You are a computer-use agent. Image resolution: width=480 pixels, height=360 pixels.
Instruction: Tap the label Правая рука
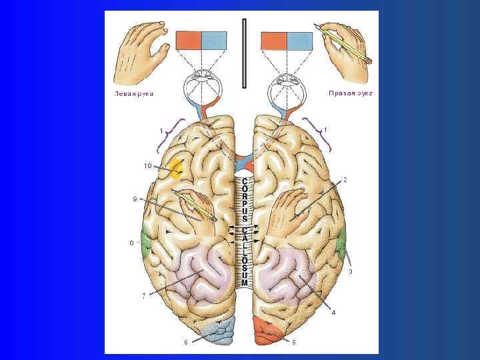tap(350, 93)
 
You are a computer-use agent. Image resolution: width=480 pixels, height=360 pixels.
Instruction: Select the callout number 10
tap(147, 166)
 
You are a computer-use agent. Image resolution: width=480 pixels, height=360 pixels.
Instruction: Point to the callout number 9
tap(135, 198)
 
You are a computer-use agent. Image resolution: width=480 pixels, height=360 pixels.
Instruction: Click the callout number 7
tap(143, 296)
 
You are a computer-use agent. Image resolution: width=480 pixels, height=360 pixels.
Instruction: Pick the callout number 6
tap(186, 342)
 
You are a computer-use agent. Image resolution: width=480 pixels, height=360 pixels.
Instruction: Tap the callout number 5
tap(293, 342)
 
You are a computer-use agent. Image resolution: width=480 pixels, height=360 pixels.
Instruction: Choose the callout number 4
tap(333, 311)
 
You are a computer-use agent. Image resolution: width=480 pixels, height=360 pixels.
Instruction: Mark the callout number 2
tap(345, 180)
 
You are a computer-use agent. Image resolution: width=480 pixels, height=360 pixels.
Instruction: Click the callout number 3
tap(351, 271)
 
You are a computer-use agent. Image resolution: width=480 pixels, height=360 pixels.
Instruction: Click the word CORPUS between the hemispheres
tap(245, 199)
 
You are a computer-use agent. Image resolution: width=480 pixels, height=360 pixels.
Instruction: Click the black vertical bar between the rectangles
tap(245, 53)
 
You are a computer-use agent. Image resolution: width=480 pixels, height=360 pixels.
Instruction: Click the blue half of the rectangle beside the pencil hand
tap(300, 41)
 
